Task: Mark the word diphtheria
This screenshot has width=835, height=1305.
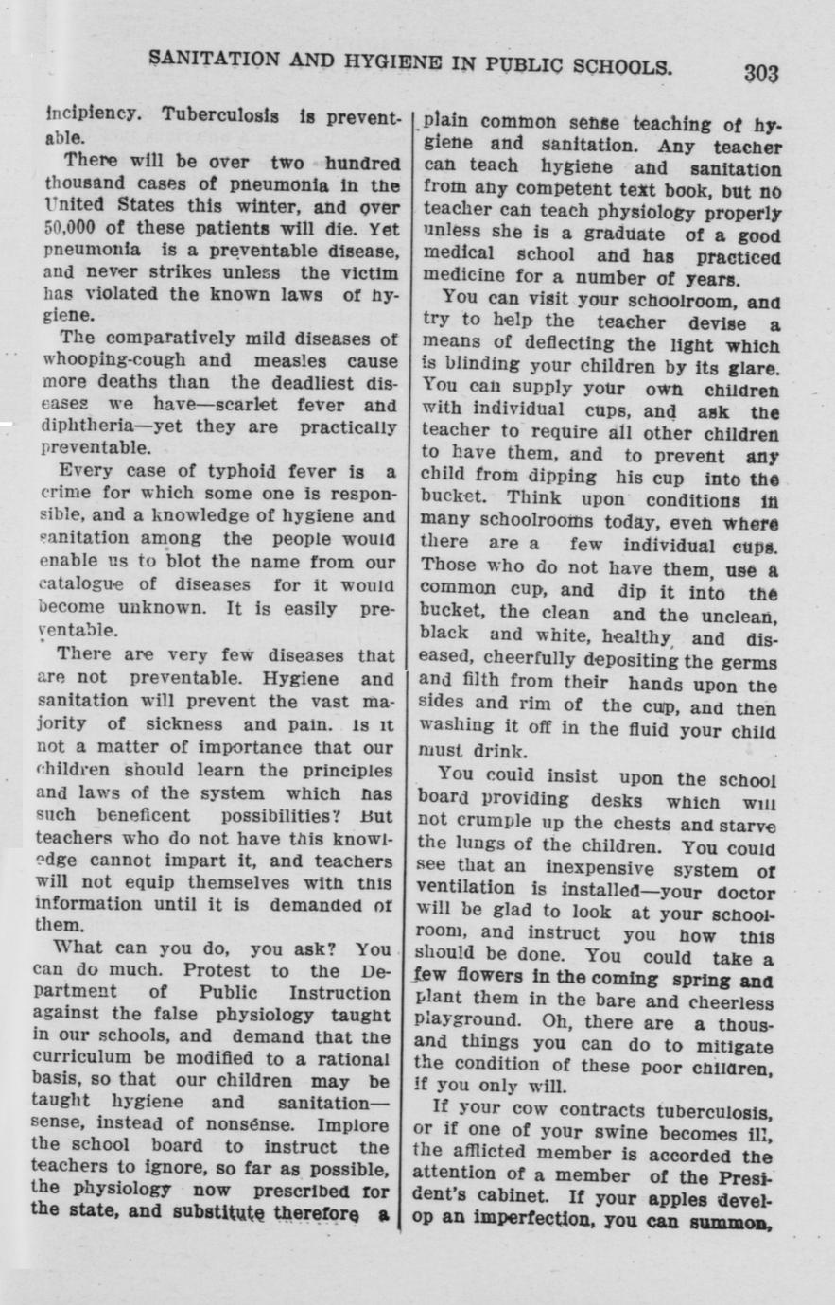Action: click(83, 426)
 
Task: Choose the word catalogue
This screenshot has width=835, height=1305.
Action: click(81, 584)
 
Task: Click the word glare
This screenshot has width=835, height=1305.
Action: click(755, 367)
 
